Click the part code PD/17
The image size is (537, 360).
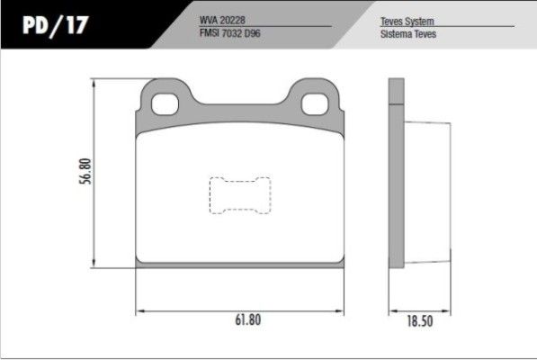[x=56, y=25]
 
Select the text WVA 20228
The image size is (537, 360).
[x=222, y=20]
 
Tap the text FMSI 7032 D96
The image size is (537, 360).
[x=229, y=33]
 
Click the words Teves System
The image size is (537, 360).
[x=407, y=22]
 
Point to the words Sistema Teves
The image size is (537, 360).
[x=408, y=34]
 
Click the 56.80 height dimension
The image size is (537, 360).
[x=85, y=171]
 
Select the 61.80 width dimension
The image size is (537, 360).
[x=248, y=319]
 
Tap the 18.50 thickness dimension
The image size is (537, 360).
[x=420, y=321]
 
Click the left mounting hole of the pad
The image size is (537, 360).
[x=166, y=104]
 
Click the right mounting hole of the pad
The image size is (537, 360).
[x=315, y=104]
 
